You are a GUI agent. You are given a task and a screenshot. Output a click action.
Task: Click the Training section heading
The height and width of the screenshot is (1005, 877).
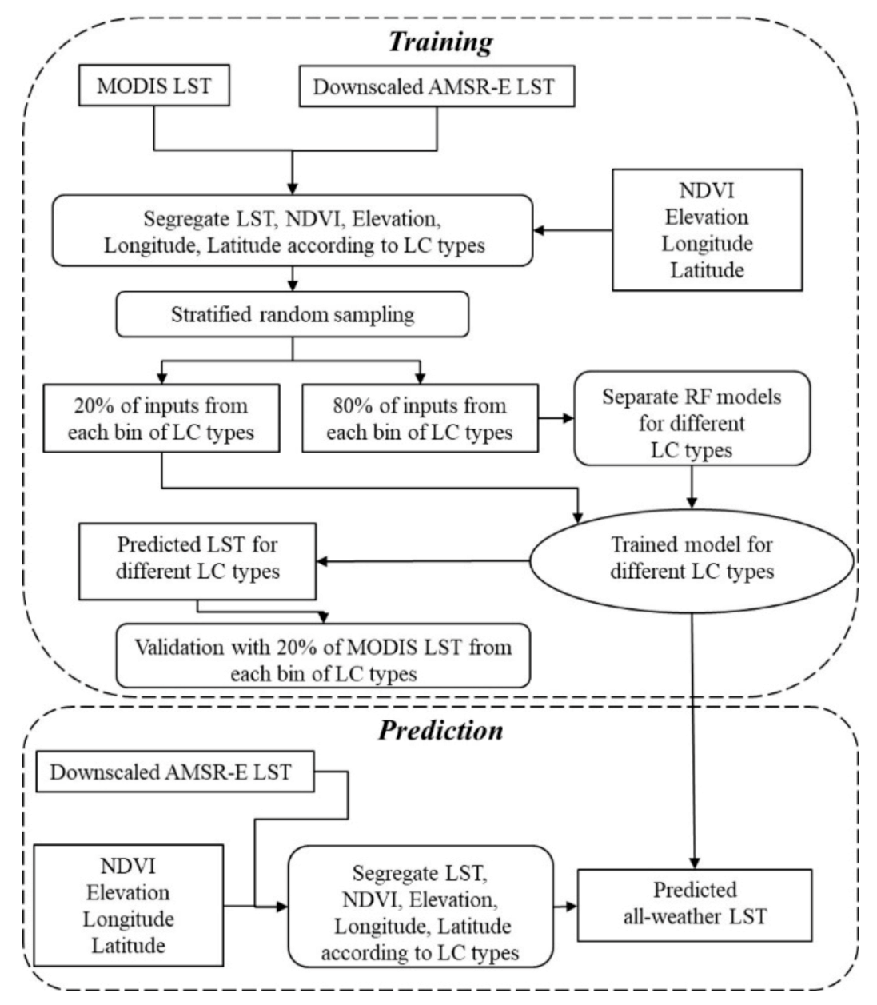click(440, 42)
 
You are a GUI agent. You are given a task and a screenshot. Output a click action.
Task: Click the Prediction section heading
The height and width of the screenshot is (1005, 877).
click(440, 730)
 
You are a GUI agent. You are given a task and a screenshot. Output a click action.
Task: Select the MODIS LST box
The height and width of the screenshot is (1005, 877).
click(153, 86)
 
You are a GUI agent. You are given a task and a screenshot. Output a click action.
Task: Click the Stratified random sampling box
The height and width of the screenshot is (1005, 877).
click(293, 315)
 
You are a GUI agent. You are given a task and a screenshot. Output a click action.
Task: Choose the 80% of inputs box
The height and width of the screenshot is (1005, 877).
click(420, 418)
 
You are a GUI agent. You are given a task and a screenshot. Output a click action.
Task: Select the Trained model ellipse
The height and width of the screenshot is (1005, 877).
click(692, 559)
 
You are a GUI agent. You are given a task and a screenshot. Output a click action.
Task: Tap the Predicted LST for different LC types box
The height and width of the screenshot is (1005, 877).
click(197, 559)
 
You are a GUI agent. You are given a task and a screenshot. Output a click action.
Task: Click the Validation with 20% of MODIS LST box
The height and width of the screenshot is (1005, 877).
click(323, 660)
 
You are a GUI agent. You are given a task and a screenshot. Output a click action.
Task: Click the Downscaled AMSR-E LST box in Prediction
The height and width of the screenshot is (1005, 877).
click(170, 772)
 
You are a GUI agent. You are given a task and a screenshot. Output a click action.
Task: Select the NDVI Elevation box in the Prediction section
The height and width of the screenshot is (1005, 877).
click(129, 905)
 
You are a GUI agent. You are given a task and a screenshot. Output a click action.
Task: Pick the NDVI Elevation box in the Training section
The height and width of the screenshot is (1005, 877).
click(707, 230)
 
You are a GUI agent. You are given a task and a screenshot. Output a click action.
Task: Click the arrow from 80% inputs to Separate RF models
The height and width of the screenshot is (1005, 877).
click(555, 417)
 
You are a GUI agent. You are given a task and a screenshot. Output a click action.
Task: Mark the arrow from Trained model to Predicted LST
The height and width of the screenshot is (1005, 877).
click(424, 560)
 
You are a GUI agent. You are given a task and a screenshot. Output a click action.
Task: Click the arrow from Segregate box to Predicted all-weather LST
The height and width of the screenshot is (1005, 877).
click(565, 906)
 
